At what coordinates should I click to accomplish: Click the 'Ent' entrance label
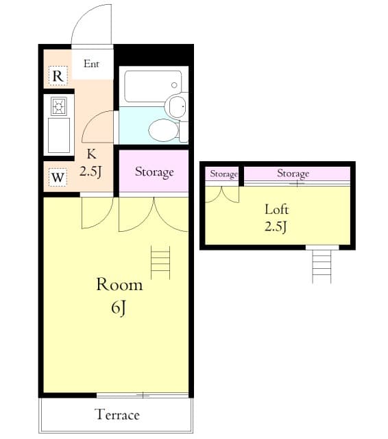pyautogui.click(x=92, y=64)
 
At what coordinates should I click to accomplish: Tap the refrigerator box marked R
pyautogui.click(x=58, y=76)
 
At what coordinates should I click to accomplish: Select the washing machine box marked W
pyautogui.click(x=58, y=178)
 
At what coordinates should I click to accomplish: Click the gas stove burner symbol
pyautogui.click(x=58, y=106)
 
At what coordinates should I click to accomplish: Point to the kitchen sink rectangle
pyautogui.click(x=58, y=136)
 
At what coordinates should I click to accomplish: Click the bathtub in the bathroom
pyautogui.click(x=153, y=86)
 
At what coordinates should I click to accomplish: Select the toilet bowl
pyautogui.click(x=164, y=130)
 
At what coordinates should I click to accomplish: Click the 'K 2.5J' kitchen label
pyautogui.click(x=90, y=164)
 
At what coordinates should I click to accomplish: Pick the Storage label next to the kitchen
pyautogui.click(x=154, y=171)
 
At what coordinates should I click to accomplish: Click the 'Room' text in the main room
pyautogui.click(x=119, y=285)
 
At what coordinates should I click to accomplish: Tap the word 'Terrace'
pyautogui.click(x=117, y=415)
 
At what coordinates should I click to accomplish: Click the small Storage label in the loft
pyautogui.click(x=223, y=174)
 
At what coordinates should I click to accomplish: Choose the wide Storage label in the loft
pyautogui.click(x=293, y=174)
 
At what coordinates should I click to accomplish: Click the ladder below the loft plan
pyautogui.click(x=322, y=266)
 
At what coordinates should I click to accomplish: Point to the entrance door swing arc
pyautogui.click(x=93, y=24)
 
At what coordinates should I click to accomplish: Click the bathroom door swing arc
pyautogui.click(x=99, y=124)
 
